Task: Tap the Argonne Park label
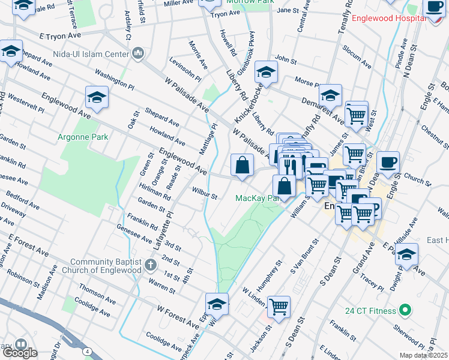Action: click(x=83, y=137)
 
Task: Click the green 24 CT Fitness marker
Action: click(x=405, y=311)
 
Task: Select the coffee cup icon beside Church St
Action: click(x=388, y=162)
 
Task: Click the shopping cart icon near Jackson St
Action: click(x=279, y=307)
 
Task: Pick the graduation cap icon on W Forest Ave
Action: click(x=217, y=304)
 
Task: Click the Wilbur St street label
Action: click(x=204, y=195)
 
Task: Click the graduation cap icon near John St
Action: click(x=264, y=73)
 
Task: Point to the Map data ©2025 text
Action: click(x=424, y=355)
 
